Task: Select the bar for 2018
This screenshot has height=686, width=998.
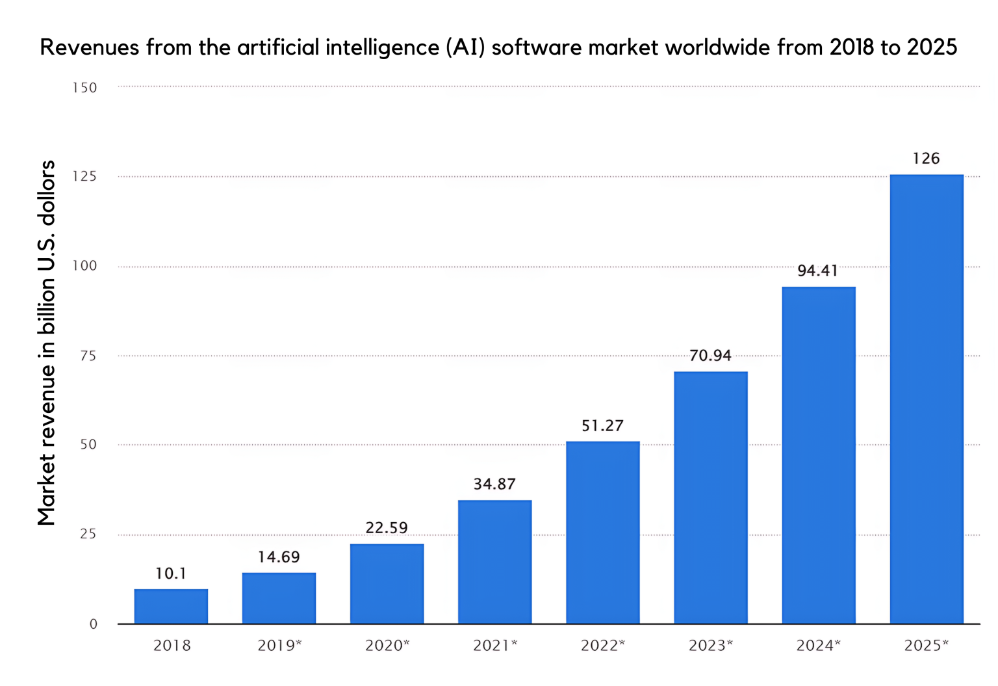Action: tap(171, 606)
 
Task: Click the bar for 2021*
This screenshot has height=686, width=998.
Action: tap(494, 562)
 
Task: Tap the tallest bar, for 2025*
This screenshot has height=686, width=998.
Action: tap(926, 399)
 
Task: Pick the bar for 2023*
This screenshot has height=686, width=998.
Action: tap(710, 497)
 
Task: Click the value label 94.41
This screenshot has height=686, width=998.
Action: tap(817, 270)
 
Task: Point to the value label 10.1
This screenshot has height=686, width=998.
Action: tap(171, 574)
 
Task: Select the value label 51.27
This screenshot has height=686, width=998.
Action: tap(602, 426)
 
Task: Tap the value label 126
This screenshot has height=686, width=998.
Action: tap(926, 159)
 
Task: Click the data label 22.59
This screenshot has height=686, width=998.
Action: tap(387, 527)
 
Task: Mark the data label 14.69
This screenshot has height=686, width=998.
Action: tap(279, 557)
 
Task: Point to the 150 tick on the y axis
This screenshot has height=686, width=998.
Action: tap(84, 88)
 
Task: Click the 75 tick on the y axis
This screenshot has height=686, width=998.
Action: tap(88, 356)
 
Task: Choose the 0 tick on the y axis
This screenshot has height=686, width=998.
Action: tap(93, 624)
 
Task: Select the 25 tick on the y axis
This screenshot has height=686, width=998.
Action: tap(88, 534)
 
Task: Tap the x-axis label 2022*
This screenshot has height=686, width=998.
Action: tap(602, 645)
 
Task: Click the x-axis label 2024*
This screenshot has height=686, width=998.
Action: tap(818, 645)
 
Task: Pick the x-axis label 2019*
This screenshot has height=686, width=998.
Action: tap(279, 645)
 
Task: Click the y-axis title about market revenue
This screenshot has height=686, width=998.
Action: tap(46, 343)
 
